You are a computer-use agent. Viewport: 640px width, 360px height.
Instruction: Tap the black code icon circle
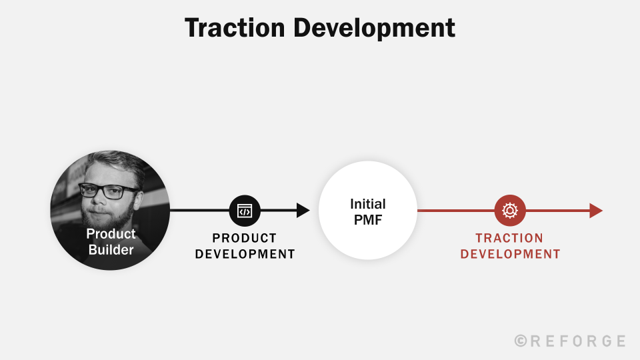(245, 211)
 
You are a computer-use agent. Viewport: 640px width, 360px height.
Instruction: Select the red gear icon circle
(510, 211)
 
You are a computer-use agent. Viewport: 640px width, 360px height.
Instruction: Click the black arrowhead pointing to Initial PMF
(303, 211)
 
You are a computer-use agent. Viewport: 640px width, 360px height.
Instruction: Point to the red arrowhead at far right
(595, 211)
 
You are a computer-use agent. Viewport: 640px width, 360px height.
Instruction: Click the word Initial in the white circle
(368, 204)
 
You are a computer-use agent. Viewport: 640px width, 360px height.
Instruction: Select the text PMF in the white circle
(368, 220)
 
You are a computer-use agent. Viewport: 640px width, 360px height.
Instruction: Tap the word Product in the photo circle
(111, 234)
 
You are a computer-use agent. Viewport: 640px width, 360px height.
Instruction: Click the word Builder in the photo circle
(111, 251)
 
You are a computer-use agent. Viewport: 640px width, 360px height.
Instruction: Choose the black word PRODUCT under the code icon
(244, 238)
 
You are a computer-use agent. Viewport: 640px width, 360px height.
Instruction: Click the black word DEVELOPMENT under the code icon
(245, 254)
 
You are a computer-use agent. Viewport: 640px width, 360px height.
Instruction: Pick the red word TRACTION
(509, 238)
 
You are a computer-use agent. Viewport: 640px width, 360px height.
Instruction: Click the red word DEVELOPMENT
(510, 254)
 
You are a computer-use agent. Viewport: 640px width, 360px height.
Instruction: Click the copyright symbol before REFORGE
(521, 341)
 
